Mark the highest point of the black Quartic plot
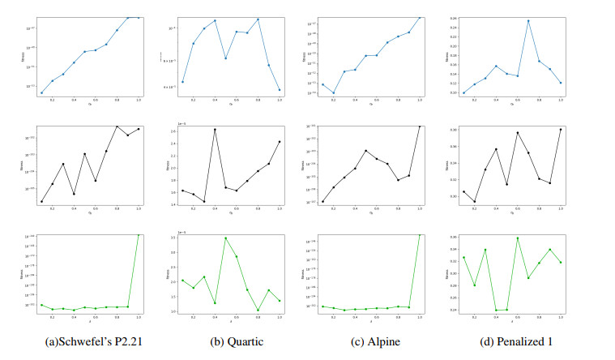click(215, 130)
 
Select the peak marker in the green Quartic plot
click(225, 238)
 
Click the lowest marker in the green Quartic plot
click(258, 310)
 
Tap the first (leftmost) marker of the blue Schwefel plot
click(42, 93)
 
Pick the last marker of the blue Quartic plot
click(280, 90)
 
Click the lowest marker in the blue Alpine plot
click(333, 93)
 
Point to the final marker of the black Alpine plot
click(420, 126)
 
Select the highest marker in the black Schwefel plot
click(117, 126)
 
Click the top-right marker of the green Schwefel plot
click(139, 234)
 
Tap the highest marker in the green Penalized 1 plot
click(517, 238)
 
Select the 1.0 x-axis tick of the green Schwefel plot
click(139, 318)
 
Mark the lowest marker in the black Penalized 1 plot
click(474, 201)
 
